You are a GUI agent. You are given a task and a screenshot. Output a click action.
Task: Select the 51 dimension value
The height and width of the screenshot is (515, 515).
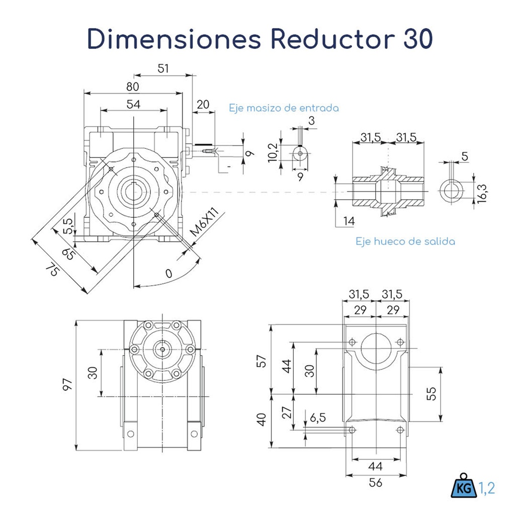click(x=163, y=68)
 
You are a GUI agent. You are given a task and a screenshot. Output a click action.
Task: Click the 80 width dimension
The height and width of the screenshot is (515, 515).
click(x=132, y=87)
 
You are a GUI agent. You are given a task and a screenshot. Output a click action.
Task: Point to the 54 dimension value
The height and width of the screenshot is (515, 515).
click(x=133, y=104)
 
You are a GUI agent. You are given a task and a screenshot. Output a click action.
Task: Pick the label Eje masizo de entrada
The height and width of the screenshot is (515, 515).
click(x=284, y=108)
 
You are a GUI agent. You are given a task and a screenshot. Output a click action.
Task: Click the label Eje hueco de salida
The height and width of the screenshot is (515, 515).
click(x=405, y=241)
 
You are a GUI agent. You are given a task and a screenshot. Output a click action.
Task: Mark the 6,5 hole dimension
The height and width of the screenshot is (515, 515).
click(x=318, y=417)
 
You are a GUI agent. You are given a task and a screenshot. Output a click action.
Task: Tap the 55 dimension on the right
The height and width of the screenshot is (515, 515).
click(x=431, y=393)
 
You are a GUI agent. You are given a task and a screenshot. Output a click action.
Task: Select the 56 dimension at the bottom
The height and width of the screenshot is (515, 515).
click(x=375, y=482)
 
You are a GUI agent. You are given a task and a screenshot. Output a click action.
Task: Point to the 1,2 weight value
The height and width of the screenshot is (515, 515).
click(x=486, y=487)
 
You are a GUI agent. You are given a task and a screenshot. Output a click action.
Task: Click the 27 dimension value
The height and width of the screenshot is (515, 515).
click(x=286, y=413)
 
